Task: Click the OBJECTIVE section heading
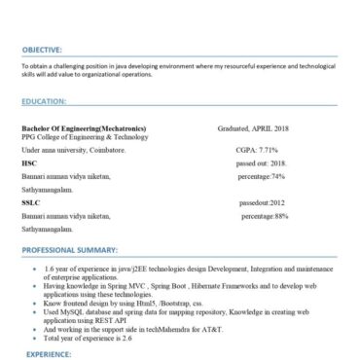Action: (x=42, y=48)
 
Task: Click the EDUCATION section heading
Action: (x=42, y=100)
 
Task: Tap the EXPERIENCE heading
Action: (x=45, y=355)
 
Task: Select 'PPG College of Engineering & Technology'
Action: (x=79, y=138)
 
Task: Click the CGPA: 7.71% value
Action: (x=257, y=152)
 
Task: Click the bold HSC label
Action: (x=29, y=164)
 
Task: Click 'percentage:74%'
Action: (x=261, y=177)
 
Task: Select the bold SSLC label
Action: (x=31, y=202)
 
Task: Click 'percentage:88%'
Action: (x=265, y=215)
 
